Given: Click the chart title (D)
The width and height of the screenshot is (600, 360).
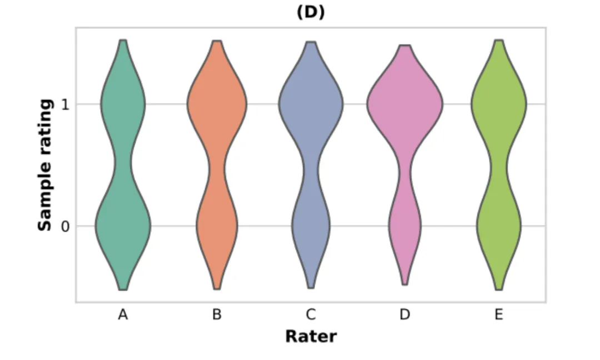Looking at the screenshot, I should [x=311, y=12].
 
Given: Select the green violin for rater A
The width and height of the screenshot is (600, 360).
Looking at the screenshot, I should [x=123, y=167].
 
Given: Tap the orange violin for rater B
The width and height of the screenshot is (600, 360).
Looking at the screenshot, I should [x=217, y=167].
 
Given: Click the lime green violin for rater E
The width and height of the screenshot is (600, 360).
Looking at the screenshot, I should [x=499, y=167].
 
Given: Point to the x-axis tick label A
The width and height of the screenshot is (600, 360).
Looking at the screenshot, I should [x=123, y=315].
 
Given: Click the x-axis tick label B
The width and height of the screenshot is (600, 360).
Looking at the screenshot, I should [x=217, y=315].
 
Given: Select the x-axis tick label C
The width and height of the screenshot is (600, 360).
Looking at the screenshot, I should [x=311, y=315].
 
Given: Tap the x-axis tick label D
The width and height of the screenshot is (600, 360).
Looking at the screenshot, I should [x=405, y=315].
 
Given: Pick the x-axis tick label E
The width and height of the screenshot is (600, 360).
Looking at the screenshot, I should [x=499, y=315].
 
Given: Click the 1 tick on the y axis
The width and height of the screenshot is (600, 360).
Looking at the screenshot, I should [x=65, y=104].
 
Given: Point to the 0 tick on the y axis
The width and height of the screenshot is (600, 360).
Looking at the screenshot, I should [x=65, y=226].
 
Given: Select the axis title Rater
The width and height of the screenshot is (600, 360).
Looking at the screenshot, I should [x=311, y=336].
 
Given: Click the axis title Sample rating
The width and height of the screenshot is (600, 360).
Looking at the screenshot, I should [x=46, y=165].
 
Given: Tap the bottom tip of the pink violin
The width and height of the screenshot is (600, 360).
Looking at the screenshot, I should [x=405, y=284].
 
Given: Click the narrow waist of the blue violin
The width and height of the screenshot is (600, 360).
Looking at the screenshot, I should [x=311, y=167].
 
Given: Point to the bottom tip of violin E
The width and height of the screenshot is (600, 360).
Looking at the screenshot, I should [x=499, y=289].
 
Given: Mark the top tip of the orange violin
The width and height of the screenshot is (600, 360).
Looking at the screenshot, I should [x=217, y=42].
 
